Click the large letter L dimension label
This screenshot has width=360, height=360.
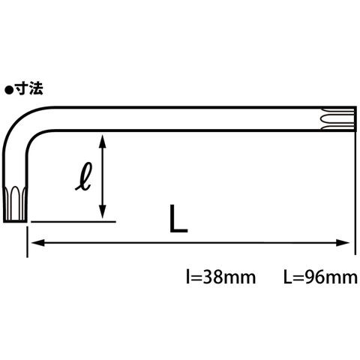coord(178,218)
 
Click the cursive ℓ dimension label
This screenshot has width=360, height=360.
coord(83,176)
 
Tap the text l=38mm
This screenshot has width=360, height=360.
coord(221,277)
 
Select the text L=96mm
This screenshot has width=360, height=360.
coord(320,277)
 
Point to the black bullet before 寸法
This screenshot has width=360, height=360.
coord(9,90)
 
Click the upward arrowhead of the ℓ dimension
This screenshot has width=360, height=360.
coord(102,141)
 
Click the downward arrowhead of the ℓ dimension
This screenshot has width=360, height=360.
coord(102,211)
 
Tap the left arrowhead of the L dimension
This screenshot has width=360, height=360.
coord(37,243)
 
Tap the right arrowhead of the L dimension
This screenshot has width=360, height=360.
coord(343,243)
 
